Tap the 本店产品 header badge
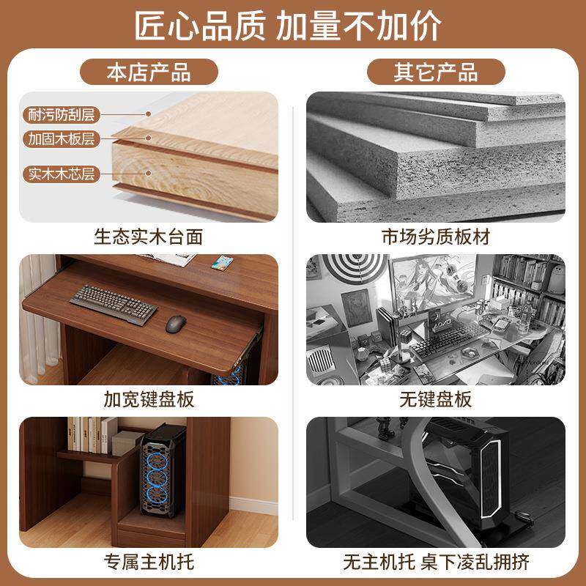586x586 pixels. point(149,73)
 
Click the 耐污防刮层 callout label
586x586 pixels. point(63,114)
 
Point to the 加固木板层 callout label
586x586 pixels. point(63,138)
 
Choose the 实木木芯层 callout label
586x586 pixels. point(63,174)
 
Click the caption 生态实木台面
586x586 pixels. point(149,237)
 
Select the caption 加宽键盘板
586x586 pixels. point(149,399)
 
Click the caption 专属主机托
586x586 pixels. point(149,562)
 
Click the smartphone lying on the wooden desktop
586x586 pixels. point(221,261)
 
